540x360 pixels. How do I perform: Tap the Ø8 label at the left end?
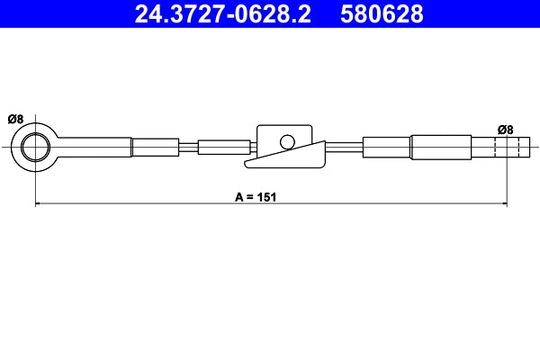15,119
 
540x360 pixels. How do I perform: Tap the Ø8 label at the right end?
506,130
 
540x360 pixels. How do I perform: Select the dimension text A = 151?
254,195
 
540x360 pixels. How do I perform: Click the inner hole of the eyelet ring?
36,146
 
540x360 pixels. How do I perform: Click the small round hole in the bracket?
287,141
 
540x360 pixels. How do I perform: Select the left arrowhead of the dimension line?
39,205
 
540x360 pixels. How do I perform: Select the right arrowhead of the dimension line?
503,205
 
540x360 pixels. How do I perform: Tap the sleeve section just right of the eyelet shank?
156,146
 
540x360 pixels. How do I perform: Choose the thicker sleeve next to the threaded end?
441,146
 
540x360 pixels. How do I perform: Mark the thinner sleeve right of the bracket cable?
387,146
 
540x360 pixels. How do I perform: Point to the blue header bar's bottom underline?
270,30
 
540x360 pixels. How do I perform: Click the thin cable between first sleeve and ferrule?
188,146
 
